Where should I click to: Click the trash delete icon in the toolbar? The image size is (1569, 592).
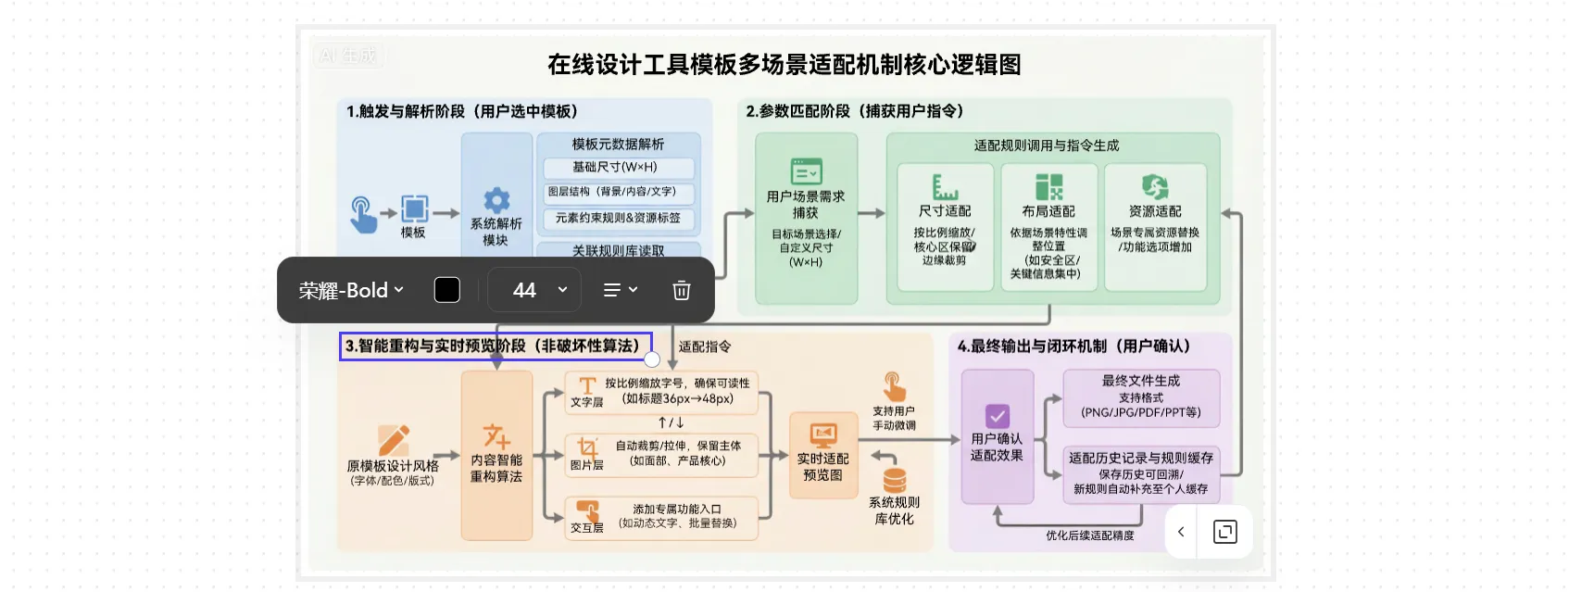click(681, 291)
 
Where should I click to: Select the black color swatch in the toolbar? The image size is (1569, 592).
click(447, 290)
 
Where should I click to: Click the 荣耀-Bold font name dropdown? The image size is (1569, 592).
click(351, 290)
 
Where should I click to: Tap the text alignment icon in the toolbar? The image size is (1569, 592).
click(620, 290)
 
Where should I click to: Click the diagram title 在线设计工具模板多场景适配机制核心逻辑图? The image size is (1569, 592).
click(784, 65)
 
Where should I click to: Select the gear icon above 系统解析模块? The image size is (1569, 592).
click(496, 200)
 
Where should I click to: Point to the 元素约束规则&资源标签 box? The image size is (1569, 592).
click(618, 219)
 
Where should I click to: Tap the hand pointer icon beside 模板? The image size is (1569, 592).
click(362, 214)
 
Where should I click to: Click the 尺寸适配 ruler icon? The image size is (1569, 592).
click(945, 186)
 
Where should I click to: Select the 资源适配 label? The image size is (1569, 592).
click(1155, 211)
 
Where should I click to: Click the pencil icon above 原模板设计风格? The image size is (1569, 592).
click(394, 440)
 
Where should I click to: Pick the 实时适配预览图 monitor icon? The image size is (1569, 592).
click(822, 435)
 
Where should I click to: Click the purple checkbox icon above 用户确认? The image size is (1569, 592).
click(998, 415)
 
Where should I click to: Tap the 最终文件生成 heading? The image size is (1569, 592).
click(1141, 381)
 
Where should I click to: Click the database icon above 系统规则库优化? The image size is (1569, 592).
click(894, 480)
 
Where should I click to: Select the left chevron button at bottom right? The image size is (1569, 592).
click(1181, 532)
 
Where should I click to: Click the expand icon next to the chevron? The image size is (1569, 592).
click(1224, 532)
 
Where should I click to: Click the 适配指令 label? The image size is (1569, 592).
click(705, 346)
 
